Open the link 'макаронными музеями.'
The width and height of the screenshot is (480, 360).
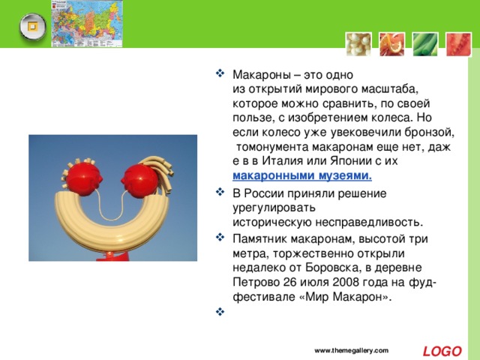pos(302,176)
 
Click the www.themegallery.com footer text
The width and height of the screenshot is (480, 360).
pos(352,350)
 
